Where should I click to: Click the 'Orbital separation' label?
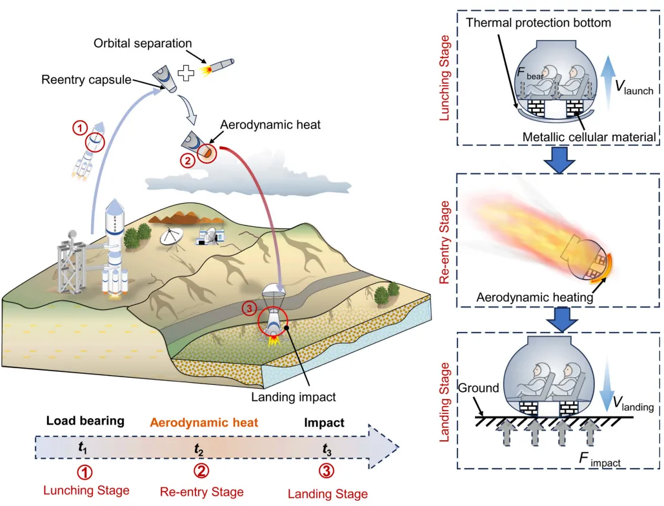143,43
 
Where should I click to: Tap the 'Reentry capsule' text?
86,79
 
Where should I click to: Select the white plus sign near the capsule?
186,73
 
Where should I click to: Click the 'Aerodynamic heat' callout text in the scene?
270,125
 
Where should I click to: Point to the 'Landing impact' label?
294,397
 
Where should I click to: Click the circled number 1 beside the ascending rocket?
79,128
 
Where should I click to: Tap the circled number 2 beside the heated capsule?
187,161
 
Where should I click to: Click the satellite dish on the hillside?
172,237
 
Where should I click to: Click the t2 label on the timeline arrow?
199,449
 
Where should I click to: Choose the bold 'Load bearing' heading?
85,420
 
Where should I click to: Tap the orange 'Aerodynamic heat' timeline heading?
204,422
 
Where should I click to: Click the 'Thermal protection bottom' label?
538,23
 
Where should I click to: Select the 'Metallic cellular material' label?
589,137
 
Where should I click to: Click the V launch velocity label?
634,88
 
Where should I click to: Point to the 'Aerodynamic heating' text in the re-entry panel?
534,297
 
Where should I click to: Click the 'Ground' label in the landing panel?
479,387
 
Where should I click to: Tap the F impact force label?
599,460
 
